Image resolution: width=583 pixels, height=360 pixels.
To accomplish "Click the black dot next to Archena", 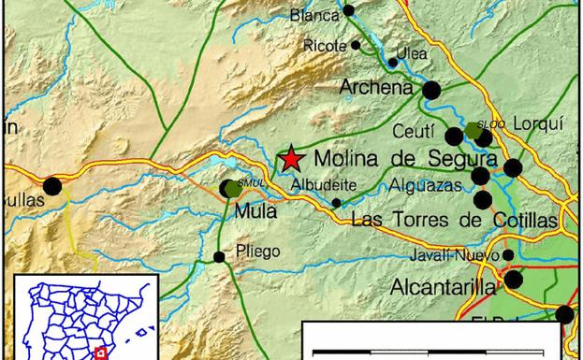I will [x=431, y=90].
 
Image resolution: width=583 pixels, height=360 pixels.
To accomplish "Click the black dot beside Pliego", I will [x=219, y=257].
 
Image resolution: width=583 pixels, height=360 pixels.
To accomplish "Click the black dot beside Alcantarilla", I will [x=514, y=280].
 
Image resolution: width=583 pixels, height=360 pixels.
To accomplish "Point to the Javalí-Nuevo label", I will [x=453, y=254].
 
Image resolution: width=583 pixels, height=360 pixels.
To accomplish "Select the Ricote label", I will [x=324, y=45].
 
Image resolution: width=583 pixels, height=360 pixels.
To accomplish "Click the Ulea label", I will [x=412, y=53].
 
